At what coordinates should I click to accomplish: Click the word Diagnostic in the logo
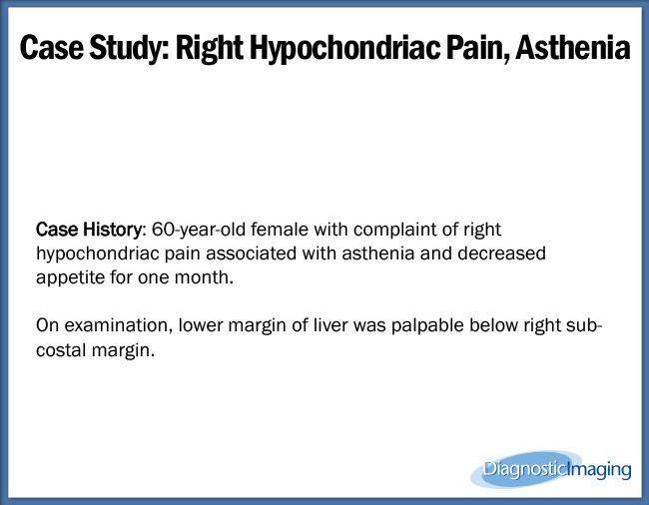[524, 468]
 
